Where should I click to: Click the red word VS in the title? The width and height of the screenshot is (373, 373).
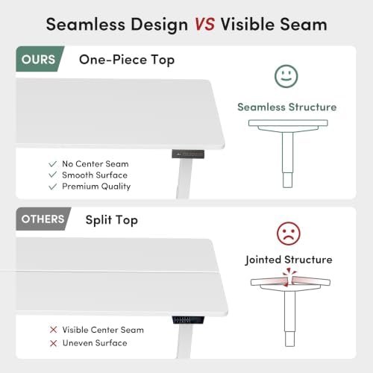[x=204, y=25]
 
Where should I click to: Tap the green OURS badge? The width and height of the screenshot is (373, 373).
[x=40, y=59]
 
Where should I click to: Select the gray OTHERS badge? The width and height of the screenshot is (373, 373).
[x=43, y=219]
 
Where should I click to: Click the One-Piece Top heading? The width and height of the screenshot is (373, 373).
[x=127, y=60]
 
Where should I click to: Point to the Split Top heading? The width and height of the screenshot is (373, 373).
[x=112, y=220]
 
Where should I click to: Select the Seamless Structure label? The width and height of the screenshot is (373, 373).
[x=287, y=107]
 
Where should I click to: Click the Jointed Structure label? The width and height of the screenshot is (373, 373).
[x=289, y=260]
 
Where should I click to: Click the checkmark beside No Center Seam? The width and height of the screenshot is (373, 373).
[x=53, y=164]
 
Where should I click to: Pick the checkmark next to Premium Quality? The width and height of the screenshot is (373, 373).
[x=53, y=186]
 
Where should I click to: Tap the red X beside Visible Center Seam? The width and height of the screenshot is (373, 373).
[x=53, y=330]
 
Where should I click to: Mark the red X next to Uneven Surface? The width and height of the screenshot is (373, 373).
[x=53, y=343]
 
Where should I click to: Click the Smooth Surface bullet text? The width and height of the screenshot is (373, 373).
[x=95, y=175]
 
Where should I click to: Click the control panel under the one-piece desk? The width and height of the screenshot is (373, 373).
[x=188, y=154]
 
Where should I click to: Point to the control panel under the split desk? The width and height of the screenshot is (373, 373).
[x=188, y=320]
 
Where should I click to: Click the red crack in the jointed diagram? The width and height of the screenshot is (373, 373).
[x=289, y=278]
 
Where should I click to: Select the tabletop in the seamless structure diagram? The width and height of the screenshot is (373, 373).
[x=288, y=123]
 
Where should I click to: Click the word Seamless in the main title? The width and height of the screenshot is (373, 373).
[x=86, y=25]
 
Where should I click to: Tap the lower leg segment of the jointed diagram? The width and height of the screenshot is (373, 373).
[x=289, y=339]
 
